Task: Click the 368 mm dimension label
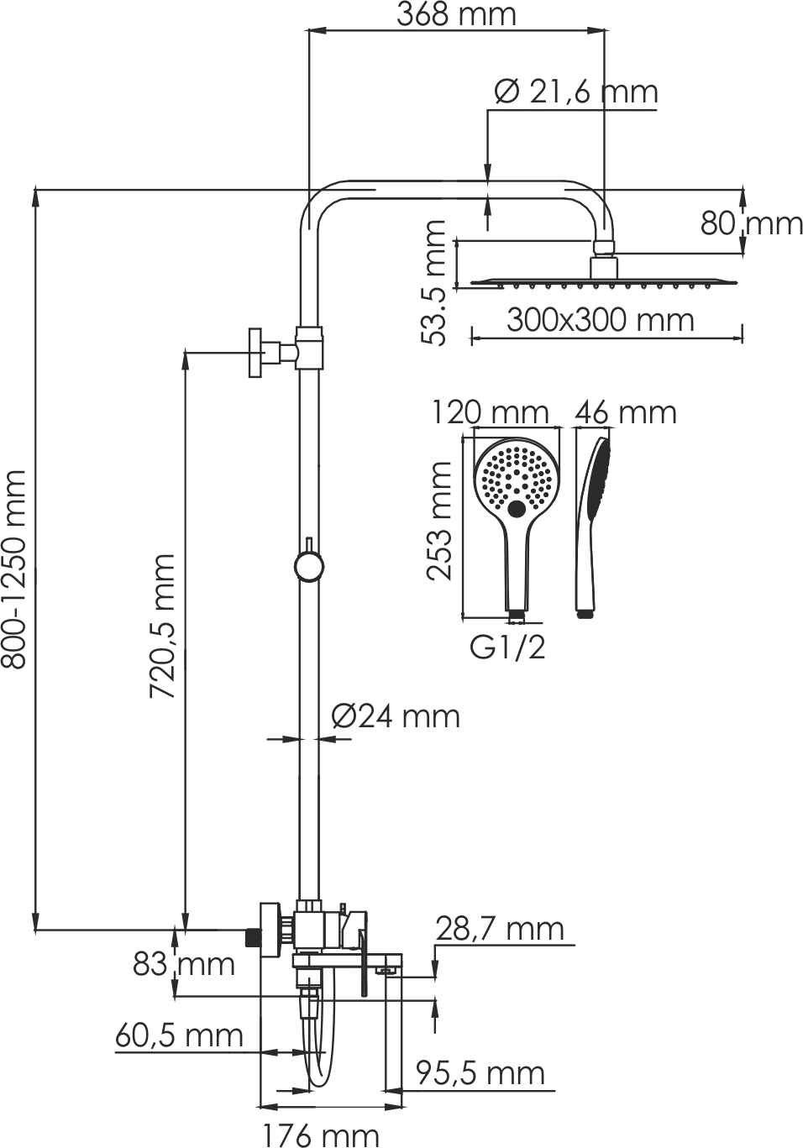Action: click(x=457, y=14)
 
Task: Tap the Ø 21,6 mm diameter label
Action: click(x=576, y=92)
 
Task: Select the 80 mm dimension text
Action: click(x=751, y=223)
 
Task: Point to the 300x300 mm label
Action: click(x=601, y=320)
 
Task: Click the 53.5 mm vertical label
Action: click(x=433, y=282)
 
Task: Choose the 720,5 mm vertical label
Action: click(x=162, y=626)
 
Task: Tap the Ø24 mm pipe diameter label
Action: click(x=396, y=716)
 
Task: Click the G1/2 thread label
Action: click(x=508, y=647)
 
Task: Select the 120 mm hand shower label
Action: click(x=491, y=412)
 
